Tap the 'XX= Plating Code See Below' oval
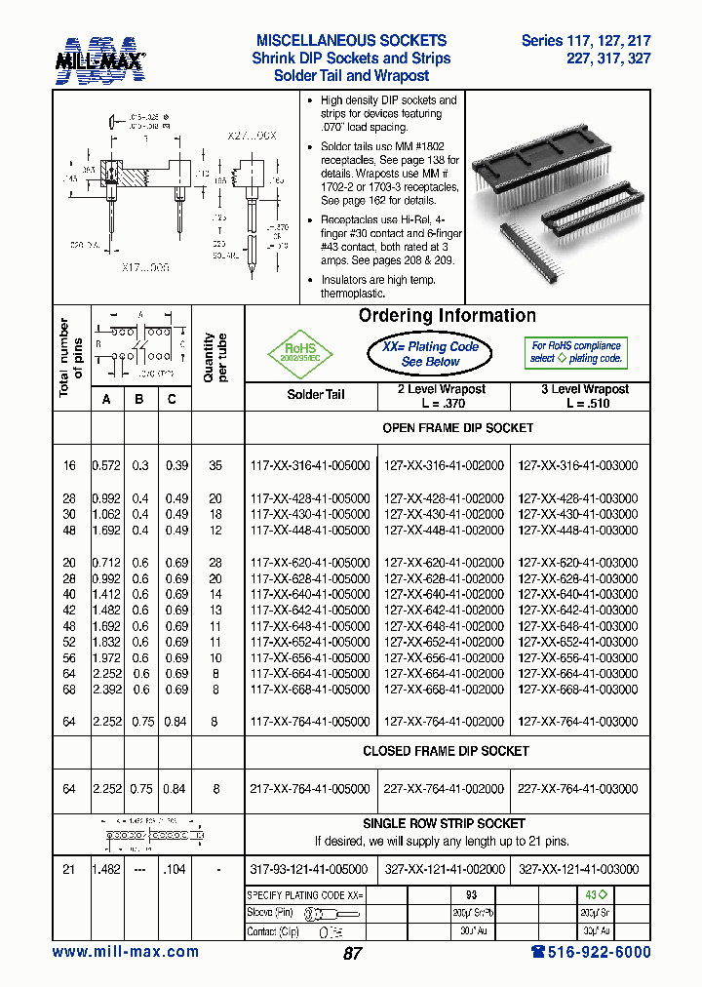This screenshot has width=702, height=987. point(430,354)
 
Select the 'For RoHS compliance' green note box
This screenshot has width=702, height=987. point(575,352)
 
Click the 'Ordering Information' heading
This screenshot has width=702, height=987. point(447,316)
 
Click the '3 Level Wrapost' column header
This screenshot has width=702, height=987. point(585,395)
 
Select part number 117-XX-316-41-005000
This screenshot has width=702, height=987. point(310,466)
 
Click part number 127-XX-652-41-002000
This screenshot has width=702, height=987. point(445,642)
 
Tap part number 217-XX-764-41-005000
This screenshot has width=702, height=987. point(310,789)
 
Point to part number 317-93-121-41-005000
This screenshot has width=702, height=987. point(310,869)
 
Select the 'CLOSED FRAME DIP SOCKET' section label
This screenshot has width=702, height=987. point(446,751)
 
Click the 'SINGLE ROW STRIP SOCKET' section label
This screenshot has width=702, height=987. point(444,823)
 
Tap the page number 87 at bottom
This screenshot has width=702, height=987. point(352,954)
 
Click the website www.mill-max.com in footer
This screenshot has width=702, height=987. point(125,952)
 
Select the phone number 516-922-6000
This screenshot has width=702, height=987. point(591,952)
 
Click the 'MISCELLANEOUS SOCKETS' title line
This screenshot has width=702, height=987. point(351,41)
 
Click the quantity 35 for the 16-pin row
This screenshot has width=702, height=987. point(216,466)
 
